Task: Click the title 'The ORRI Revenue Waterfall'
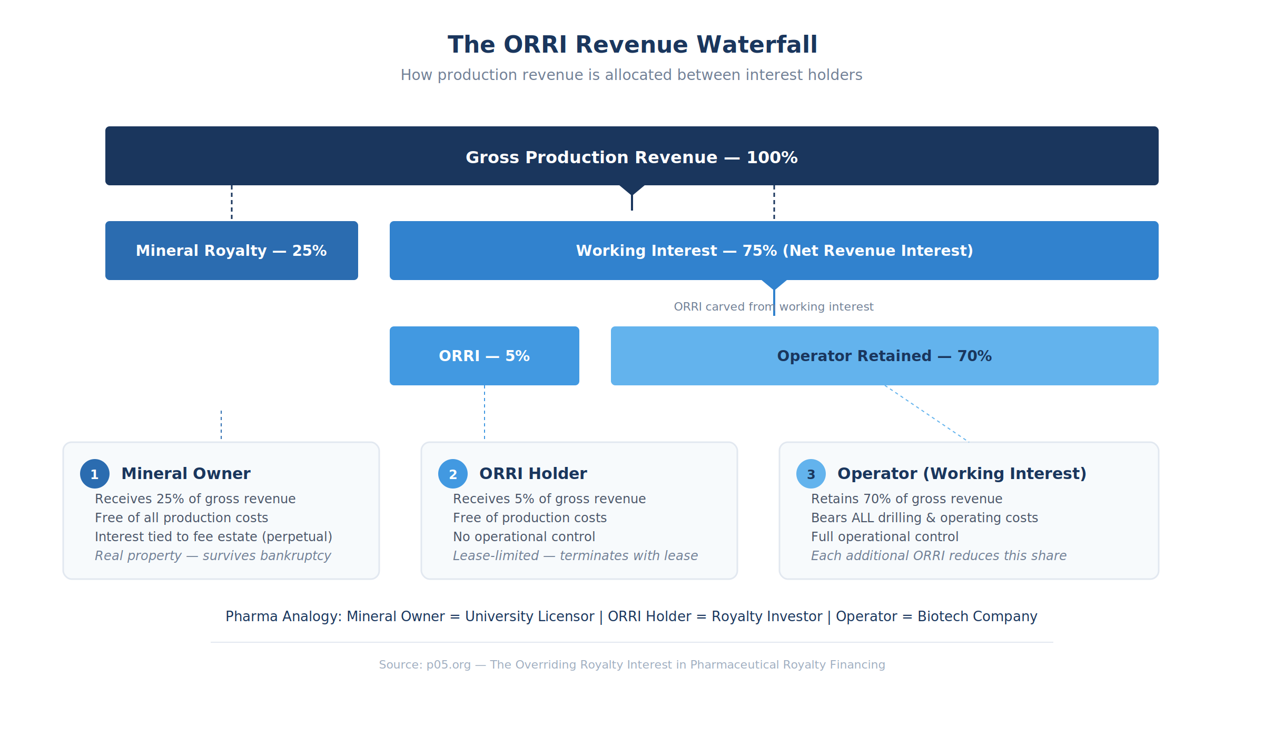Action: coord(632,45)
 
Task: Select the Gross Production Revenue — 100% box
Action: coord(632,156)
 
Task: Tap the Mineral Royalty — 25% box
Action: coord(232,251)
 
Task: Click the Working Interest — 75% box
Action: coord(774,251)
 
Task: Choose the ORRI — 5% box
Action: coord(485,356)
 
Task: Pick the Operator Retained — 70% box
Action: coord(885,356)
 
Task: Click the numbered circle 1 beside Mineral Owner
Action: coord(95,474)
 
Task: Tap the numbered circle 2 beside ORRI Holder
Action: coord(453,474)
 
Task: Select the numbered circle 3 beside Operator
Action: coord(811,474)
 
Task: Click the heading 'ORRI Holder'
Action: coord(533,474)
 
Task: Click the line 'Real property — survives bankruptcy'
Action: coord(213,556)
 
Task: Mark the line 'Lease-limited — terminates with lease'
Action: coord(575,556)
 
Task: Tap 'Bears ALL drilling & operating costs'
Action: coord(924,518)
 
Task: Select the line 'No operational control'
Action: coord(524,537)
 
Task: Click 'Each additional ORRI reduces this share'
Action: coord(939,556)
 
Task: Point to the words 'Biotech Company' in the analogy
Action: coord(977,616)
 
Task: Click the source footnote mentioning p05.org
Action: coord(632,665)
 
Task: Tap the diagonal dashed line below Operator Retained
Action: coord(927,414)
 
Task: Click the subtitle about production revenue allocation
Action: coord(631,75)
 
